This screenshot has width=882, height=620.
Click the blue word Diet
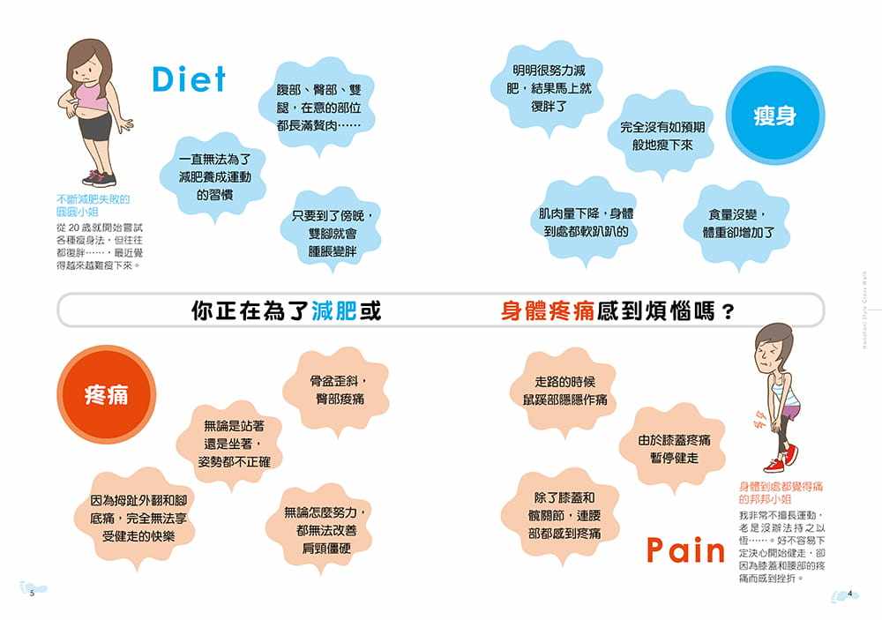[x=189, y=78]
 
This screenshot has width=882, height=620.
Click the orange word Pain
[x=685, y=550]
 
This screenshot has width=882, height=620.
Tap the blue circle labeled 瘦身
[x=774, y=116]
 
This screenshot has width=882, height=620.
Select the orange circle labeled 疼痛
[x=106, y=394]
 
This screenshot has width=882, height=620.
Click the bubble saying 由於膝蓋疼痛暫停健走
[x=674, y=448]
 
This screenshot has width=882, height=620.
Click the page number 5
[x=31, y=594]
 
